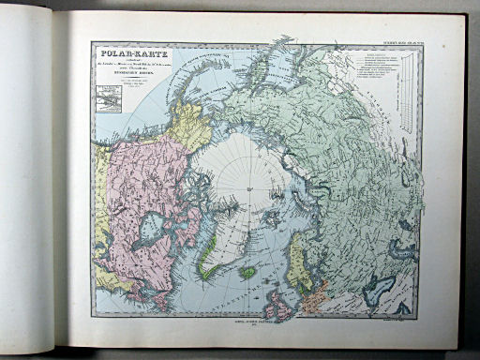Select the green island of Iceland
[248, 274]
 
